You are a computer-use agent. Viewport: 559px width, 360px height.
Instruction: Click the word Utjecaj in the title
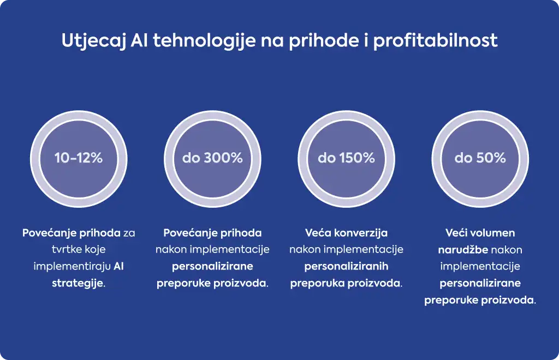tap(94, 40)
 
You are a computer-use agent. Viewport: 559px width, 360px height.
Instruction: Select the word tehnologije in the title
tap(205, 40)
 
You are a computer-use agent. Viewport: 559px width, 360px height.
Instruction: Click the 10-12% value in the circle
tap(79, 158)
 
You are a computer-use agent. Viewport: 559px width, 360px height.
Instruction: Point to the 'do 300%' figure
tap(212, 158)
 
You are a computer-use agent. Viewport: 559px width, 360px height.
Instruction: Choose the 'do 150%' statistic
tap(346, 158)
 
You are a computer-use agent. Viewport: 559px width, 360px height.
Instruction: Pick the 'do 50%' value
tap(480, 158)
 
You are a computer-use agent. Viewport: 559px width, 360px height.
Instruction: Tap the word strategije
tap(78, 284)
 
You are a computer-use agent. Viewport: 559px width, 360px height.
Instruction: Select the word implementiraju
tap(72, 267)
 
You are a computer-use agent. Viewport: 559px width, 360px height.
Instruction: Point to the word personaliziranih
tap(346, 266)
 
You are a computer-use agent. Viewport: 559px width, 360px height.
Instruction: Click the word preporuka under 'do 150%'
tap(317, 284)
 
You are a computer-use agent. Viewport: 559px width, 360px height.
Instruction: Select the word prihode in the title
tap(324, 40)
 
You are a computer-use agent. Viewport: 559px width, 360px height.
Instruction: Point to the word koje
tap(95, 250)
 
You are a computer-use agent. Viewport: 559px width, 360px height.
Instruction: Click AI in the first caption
tap(118, 266)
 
